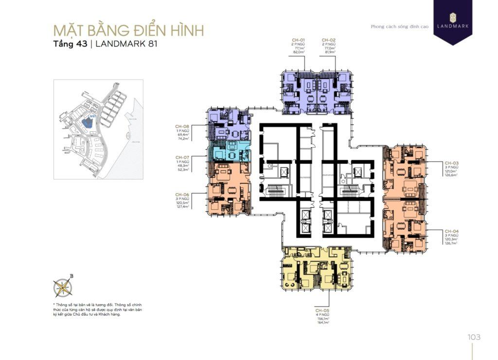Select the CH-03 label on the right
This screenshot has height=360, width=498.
click(451, 163)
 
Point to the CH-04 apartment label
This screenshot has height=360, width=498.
click(451, 231)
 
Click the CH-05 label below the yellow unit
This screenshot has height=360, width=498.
click(322, 310)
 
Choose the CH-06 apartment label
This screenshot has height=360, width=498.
click(182, 195)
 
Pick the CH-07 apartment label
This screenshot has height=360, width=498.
click(182, 157)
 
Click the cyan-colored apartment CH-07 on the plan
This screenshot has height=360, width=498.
click(229, 153)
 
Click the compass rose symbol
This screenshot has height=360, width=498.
click(63, 287)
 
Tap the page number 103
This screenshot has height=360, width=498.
click(474, 337)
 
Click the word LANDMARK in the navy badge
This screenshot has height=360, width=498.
click(453, 26)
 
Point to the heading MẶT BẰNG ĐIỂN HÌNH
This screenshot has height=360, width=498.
click(128, 30)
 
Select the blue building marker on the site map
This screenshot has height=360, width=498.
click(88, 122)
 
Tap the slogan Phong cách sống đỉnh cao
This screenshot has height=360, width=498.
click(399, 27)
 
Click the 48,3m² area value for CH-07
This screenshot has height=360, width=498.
click(182, 165)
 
